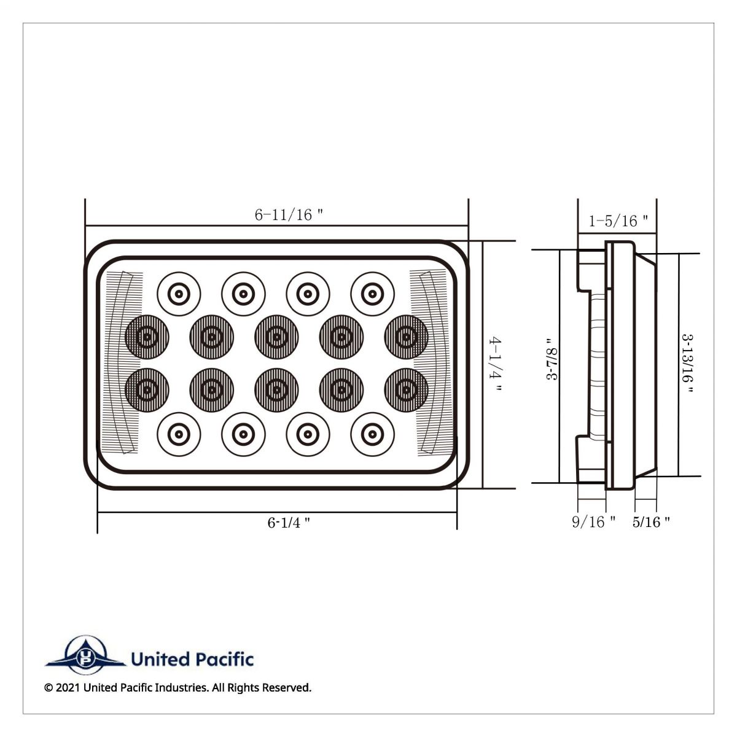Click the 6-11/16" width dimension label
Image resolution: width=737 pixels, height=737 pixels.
(289, 215)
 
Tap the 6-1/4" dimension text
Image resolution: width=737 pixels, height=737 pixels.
(288, 523)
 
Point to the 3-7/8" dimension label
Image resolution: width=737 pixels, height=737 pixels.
(552, 367)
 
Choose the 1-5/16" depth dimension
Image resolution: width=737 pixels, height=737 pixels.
(618, 221)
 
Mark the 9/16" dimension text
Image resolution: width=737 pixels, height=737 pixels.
(593, 522)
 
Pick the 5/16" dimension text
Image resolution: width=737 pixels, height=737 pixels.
(650, 522)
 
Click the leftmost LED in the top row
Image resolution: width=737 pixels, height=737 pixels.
(179, 294)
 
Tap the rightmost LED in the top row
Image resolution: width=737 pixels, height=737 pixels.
(372, 294)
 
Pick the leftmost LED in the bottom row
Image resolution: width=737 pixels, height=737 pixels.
(179, 434)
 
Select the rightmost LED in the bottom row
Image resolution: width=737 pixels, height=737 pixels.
(372, 434)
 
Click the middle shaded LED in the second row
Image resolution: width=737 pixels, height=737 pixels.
(276, 337)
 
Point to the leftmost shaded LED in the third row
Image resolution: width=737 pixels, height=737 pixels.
(147, 389)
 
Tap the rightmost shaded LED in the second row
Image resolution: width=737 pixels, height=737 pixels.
(406, 337)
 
